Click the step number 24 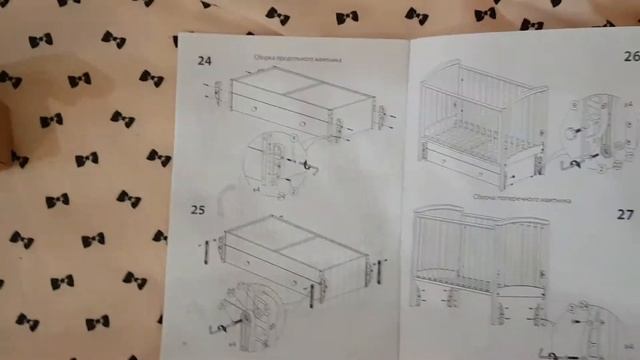[204, 61]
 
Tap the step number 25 [198, 209]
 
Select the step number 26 [630, 57]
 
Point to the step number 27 [625, 214]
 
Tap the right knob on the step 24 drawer [302, 124]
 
